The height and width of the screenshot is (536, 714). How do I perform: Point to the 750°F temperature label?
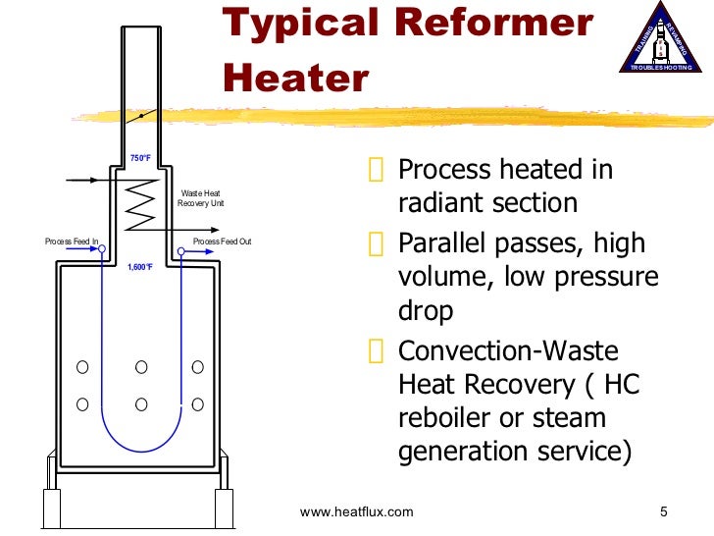pyautogui.click(x=140, y=158)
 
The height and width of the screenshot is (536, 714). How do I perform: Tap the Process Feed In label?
pyautogui.click(x=72, y=241)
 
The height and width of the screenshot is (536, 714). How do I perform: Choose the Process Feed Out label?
pyautogui.click(x=222, y=241)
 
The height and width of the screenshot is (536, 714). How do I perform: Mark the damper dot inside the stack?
pyautogui.click(x=141, y=116)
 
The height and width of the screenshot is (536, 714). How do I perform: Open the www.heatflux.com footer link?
pyautogui.click(x=356, y=511)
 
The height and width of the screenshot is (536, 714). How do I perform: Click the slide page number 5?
pyautogui.click(x=663, y=511)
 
